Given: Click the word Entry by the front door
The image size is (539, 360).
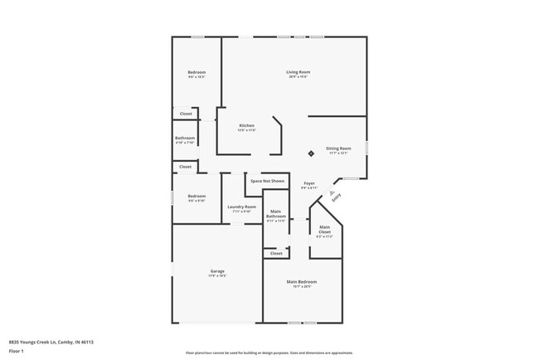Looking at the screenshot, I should [x=336, y=198].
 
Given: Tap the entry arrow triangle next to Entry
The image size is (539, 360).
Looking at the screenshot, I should [x=331, y=192].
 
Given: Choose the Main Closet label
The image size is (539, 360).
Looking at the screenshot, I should [x=324, y=230].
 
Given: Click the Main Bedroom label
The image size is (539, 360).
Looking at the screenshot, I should [x=302, y=284].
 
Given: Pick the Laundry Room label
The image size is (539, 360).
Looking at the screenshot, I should [x=241, y=208].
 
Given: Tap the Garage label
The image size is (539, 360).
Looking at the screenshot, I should [x=217, y=273].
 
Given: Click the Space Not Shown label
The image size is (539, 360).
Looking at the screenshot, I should [x=267, y=180].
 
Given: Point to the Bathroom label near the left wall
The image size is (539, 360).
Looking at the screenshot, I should [x=185, y=139].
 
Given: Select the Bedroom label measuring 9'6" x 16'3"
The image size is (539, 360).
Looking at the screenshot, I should [x=197, y=75].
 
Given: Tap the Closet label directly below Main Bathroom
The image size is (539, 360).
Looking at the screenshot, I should [x=275, y=253].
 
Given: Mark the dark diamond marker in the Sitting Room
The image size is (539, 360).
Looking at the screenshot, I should [x=311, y=153].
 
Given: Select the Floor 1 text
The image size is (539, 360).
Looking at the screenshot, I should [x=17, y=352].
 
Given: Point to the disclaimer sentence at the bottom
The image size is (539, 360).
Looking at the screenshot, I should [x=269, y=353].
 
